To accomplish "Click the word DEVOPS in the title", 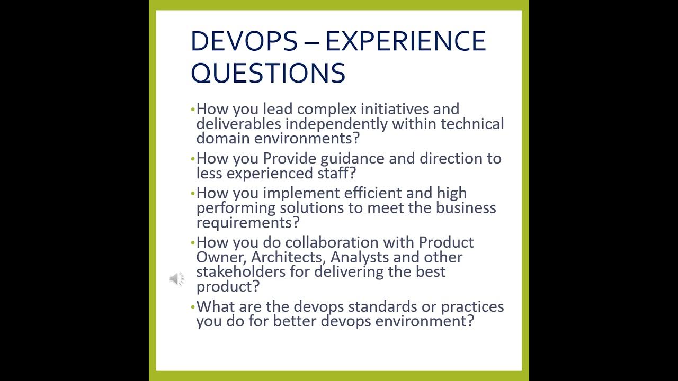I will (x=244, y=41).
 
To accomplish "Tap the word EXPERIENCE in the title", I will (x=405, y=41).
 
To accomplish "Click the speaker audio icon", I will (x=176, y=279).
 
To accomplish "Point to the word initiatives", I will (x=395, y=109).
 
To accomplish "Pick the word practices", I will (x=472, y=306).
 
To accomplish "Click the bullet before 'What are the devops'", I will (x=193, y=307).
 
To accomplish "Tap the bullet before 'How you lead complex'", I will (x=193, y=110).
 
